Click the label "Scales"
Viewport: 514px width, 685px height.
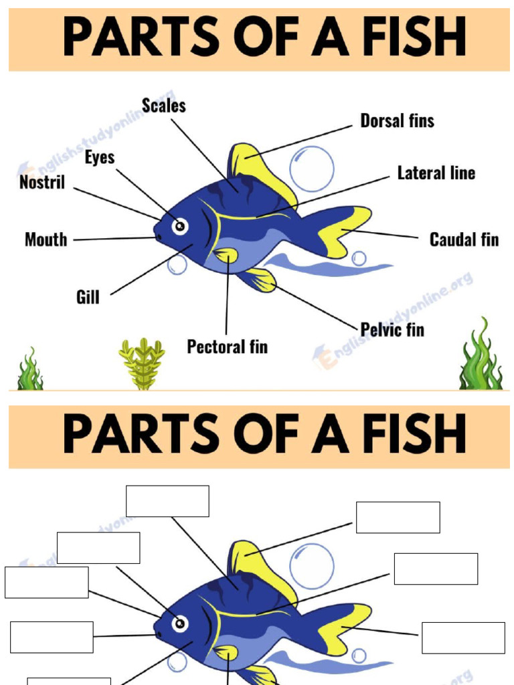pyautogui.click(x=163, y=106)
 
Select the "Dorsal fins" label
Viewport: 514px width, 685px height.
pyautogui.click(x=397, y=121)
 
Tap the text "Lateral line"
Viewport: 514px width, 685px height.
pyautogui.click(x=436, y=173)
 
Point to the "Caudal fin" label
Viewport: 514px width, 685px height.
pyautogui.click(x=464, y=239)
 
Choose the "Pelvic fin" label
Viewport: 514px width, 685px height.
pyautogui.click(x=392, y=329)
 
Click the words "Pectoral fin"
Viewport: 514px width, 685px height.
pyautogui.click(x=227, y=347)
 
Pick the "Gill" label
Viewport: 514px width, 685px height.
pyautogui.click(x=88, y=296)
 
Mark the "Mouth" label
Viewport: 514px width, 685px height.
pyautogui.click(x=46, y=239)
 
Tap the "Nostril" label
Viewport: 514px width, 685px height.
pyautogui.click(x=42, y=182)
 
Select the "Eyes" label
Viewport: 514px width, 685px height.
pyautogui.click(x=100, y=158)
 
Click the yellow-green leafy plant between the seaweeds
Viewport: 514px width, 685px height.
pyautogui.click(x=142, y=363)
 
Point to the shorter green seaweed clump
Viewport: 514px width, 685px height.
pyautogui.click(x=29, y=370)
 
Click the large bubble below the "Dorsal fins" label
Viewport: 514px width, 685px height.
pyautogui.click(x=311, y=169)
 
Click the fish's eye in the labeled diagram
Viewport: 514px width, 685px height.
pyautogui.click(x=179, y=226)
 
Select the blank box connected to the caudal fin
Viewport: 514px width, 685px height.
pyautogui.click(x=463, y=638)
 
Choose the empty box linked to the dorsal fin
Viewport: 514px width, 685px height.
pyautogui.click(x=398, y=517)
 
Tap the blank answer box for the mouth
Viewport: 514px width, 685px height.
pyautogui.click(x=52, y=637)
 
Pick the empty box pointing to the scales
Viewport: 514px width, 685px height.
pyautogui.click(x=167, y=501)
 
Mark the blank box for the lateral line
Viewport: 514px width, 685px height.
pyautogui.click(x=436, y=569)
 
